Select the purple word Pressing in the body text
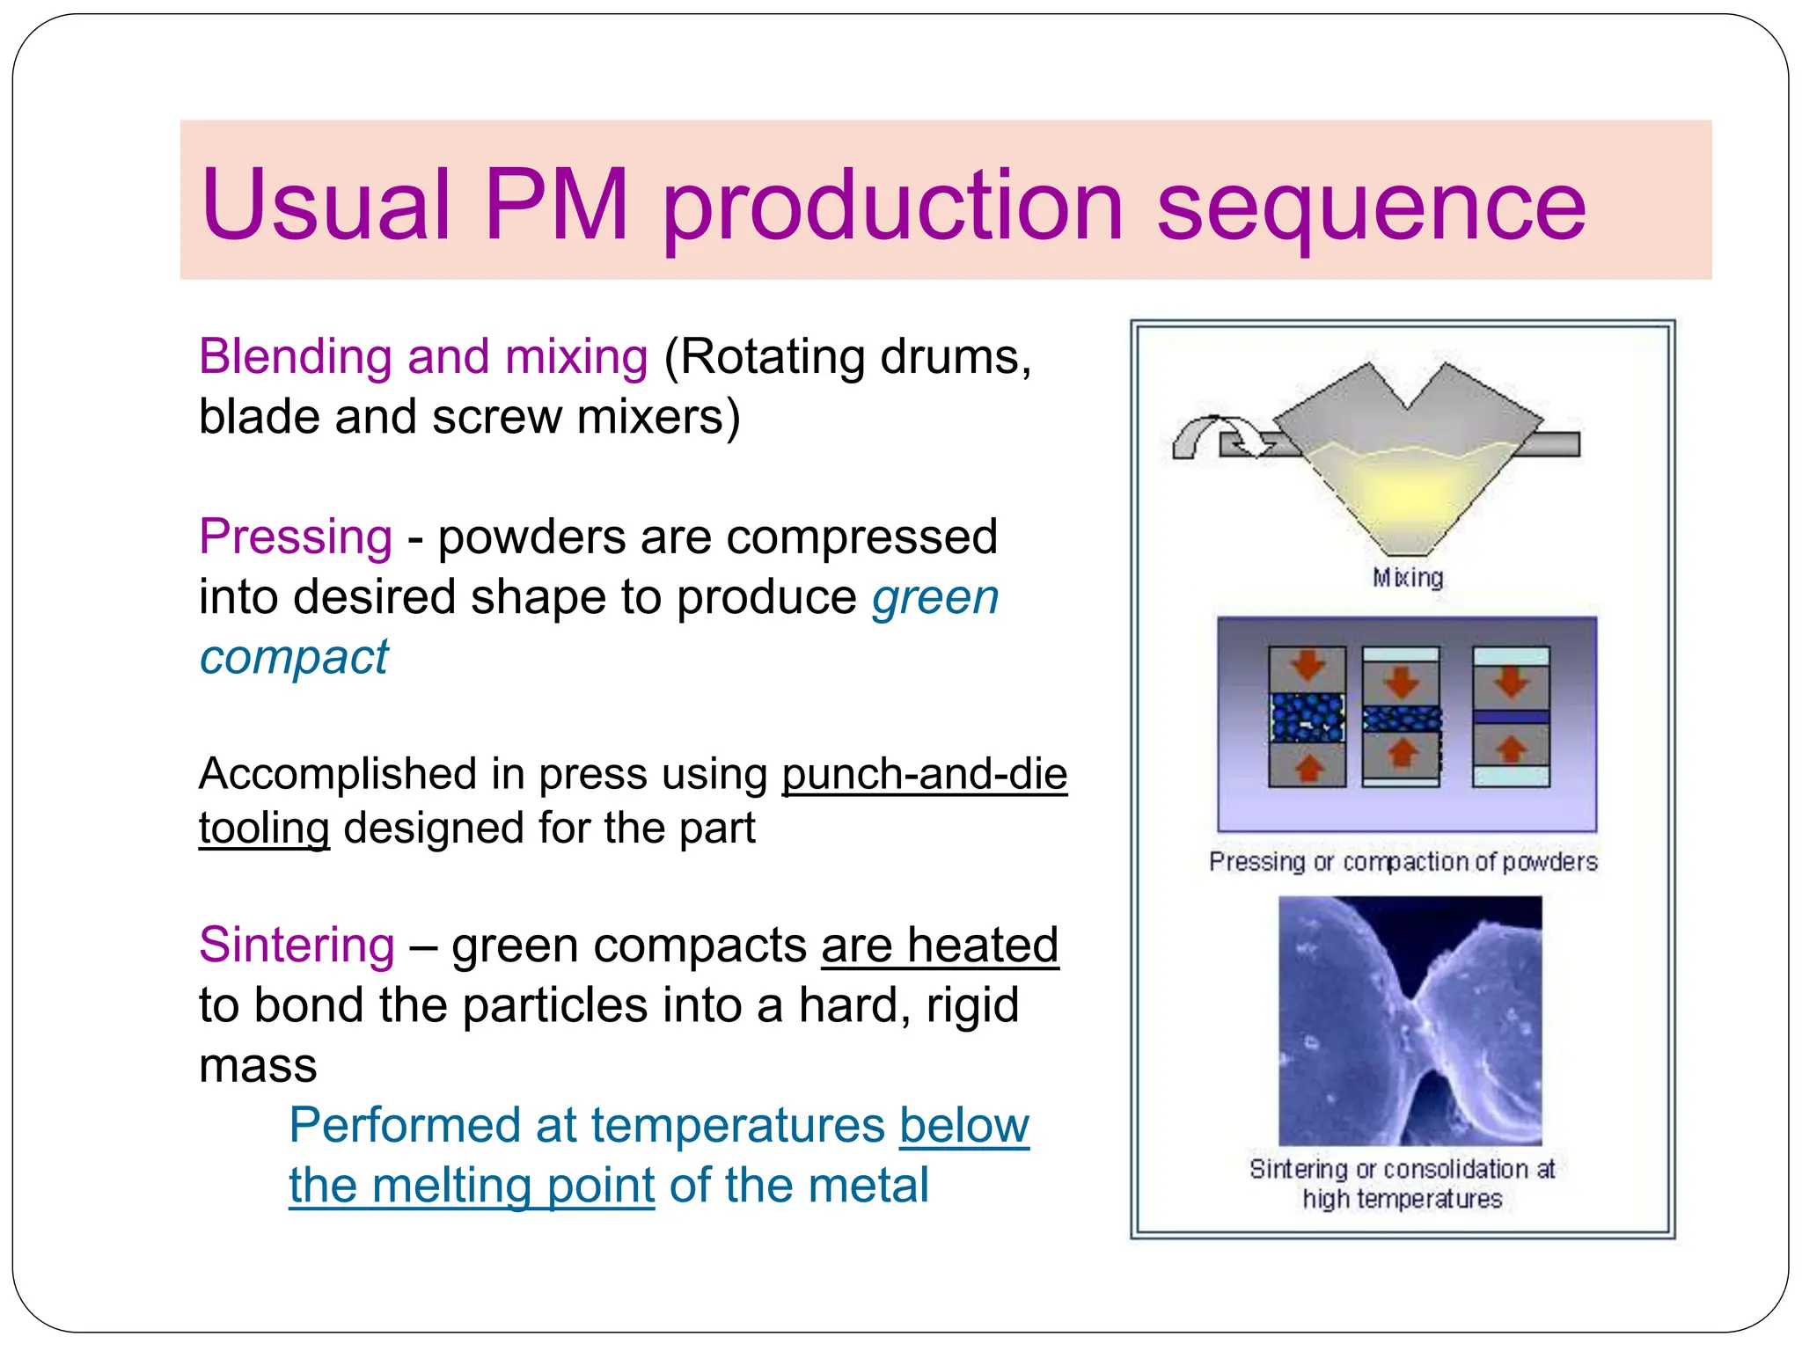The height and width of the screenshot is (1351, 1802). (296, 537)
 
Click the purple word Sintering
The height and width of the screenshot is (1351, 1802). (297, 945)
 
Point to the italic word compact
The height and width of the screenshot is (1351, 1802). (293, 658)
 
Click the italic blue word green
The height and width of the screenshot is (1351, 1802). (935, 598)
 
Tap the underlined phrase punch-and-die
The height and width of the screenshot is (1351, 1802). (924, 774)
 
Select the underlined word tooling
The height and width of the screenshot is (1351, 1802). (264, 829)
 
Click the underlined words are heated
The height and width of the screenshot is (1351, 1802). (940, 946)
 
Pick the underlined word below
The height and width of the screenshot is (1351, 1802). (963, 1125)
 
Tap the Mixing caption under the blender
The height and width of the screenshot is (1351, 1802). (1408, 578)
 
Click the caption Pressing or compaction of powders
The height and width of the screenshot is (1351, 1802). (1403, 862)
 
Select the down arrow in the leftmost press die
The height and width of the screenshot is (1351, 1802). (1308, 666)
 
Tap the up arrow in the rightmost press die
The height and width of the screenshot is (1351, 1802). (1511, 750)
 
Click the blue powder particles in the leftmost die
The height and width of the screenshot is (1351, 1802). (1308, 718)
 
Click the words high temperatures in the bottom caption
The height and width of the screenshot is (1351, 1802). (1403, 1199)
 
